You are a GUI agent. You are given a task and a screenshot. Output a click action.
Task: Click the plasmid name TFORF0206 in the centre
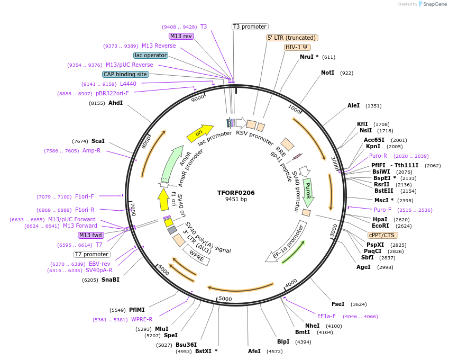[x=236, y=193]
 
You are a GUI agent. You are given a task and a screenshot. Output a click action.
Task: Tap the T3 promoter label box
[x=250, y=27]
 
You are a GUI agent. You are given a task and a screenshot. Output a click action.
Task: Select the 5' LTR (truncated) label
[x=291, y=38]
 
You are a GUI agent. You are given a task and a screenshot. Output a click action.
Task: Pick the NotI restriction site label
[x=327, y=73]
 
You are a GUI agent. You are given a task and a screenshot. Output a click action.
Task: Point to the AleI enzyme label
[x=353, y=105]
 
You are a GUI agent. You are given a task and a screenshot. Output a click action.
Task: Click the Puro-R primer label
[x=378, y=156]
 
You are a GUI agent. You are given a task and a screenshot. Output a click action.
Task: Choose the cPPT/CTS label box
[x=383, y=235]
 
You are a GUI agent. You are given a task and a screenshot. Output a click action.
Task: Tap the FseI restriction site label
[x=338, y=304]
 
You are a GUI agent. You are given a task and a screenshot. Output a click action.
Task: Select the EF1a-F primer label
[x=326, y=316]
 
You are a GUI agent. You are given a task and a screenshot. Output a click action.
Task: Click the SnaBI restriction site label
[x=111, y=280]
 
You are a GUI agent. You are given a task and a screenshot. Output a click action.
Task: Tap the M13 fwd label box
[x=90, y=235]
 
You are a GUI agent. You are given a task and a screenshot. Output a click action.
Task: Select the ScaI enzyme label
[x=98, y=141]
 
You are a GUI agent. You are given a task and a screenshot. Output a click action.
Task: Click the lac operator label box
[x=151, y=55]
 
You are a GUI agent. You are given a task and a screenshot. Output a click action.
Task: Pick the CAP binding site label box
[x=125, y=75]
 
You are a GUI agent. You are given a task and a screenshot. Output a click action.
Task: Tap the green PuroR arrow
[x=308, y=192]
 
